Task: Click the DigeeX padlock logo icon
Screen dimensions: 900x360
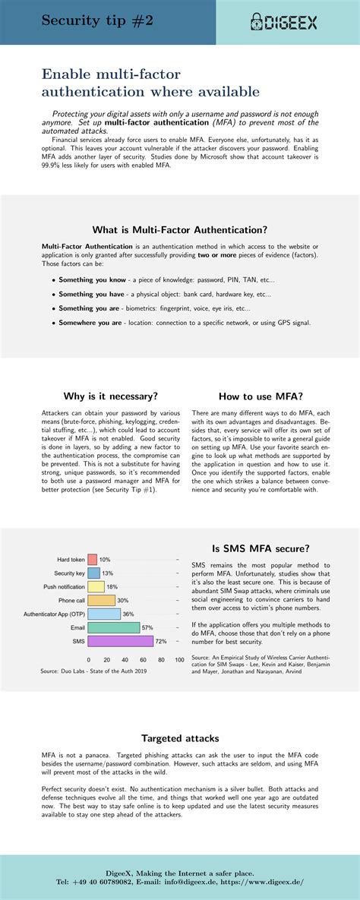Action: [255, 23]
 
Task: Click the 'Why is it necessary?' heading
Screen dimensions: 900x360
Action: [111, 396]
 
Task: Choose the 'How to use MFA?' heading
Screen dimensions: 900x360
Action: [261, 396]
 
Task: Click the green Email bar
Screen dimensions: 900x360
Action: [114, 627]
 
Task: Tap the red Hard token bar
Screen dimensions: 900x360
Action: [93, 559]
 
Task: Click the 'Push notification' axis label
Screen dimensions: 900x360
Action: [65, 586]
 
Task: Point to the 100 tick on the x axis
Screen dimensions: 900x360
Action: [179, 660]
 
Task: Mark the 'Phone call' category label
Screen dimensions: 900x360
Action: [71, 600]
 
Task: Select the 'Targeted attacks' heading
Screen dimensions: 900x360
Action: [180, 737]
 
